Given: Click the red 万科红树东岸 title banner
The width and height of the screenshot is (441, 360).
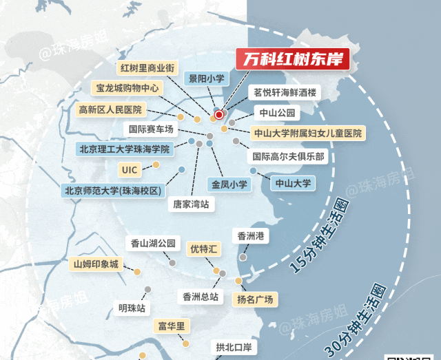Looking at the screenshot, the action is pyautogui.click(x=292, y=60).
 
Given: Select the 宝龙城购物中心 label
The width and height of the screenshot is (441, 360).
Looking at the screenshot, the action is pyautogui.click(x=127, y=88).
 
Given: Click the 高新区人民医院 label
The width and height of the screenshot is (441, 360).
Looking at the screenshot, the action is pyautogui.click(x=110, y=109).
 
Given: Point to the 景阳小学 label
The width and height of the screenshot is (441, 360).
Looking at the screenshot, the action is pyautogui.click(x=207, y=79).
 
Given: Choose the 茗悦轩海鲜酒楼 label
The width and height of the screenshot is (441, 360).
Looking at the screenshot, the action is pyautogui.click(x=285, y=92).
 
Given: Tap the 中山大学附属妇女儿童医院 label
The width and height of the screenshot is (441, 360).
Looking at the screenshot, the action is pyautogui.click(x=307, y=133).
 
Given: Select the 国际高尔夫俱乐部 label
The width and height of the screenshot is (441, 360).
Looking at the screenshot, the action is pyautogui.click(x=289, y=157).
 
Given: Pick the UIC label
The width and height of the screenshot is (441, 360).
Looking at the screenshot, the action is pyautogui.click(x=130, y=169).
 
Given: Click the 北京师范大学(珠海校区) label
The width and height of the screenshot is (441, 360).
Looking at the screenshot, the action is pyautogui.click(x=112, y=190).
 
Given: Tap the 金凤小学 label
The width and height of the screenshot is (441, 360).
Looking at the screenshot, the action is pyautogui.click(x=229, y=184).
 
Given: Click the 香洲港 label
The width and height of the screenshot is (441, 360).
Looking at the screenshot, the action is pyautogui.click(x=251, y=236).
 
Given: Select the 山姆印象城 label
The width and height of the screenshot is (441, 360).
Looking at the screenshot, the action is pyautogui.click(x=96, y=264).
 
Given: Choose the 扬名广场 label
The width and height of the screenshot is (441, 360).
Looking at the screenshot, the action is pyautogui.click(x=256, y=299).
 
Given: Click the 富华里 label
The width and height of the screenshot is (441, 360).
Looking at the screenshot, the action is pyautogui.click(x=169, y=325).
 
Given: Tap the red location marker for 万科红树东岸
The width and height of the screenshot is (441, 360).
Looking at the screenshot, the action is pyautogui.click(x=219, y=114).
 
